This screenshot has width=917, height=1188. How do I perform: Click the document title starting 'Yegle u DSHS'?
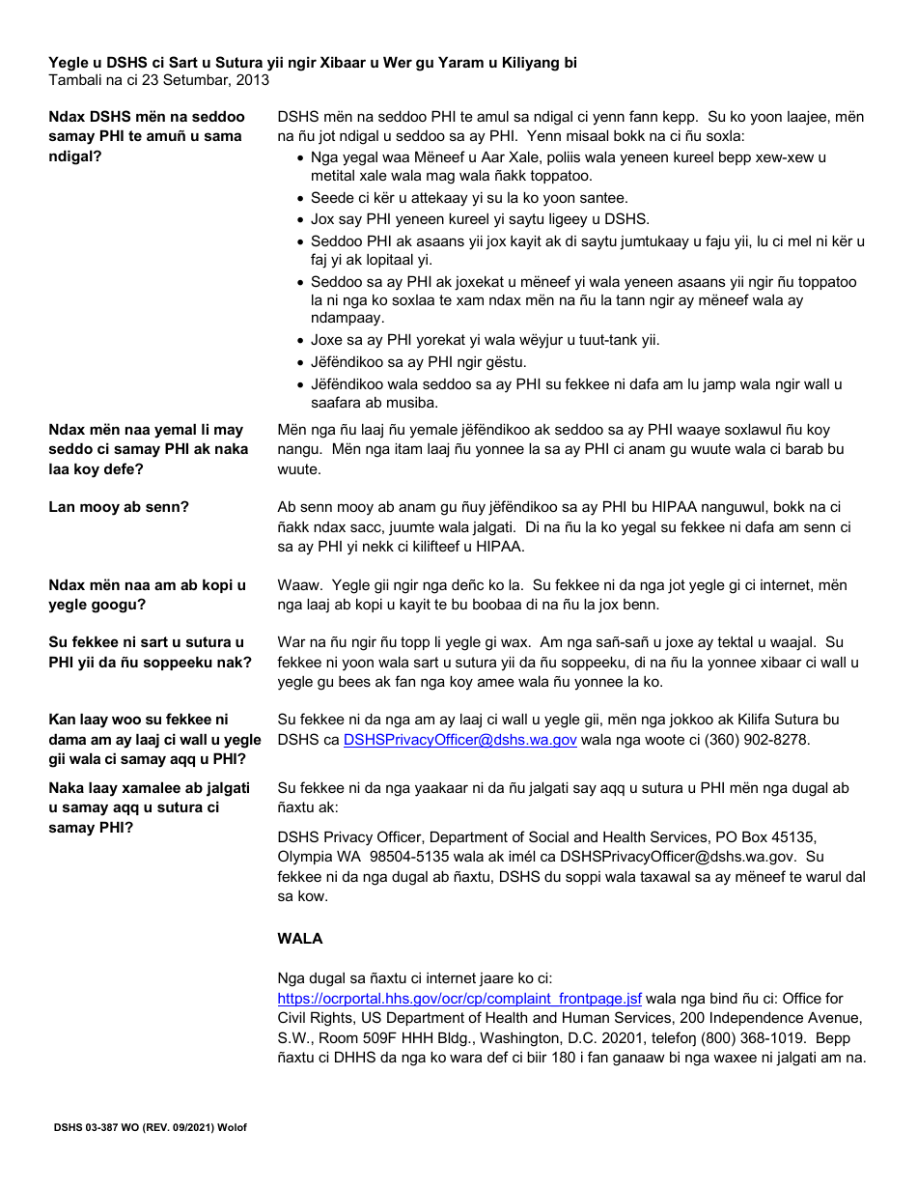tap(313, 63)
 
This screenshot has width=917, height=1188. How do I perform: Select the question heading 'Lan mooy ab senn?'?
tap(119, 507)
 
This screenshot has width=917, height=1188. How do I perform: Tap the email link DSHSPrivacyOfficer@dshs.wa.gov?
tap(459, 740)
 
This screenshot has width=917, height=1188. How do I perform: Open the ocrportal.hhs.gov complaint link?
tap(459, 999)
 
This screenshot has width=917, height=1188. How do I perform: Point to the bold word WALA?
tap(300, 938)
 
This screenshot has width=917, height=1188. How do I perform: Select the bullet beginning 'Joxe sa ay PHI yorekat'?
tap(485, 340)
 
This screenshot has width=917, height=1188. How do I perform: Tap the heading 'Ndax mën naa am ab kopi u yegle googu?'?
tap(147, 595)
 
